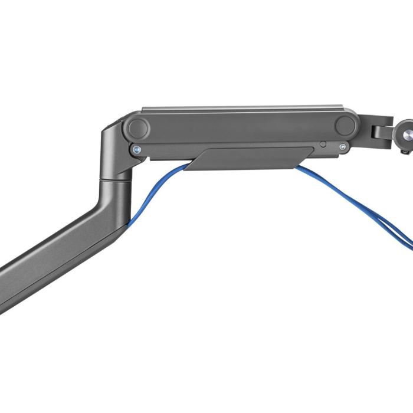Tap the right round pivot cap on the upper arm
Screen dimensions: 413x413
tap(345, 125)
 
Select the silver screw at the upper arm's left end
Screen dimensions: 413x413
tap(137, 150)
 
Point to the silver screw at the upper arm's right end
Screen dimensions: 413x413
tap(342, 146)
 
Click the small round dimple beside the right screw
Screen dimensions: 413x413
tap(323, 145)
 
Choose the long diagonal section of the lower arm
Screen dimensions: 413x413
tap(59, 254)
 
